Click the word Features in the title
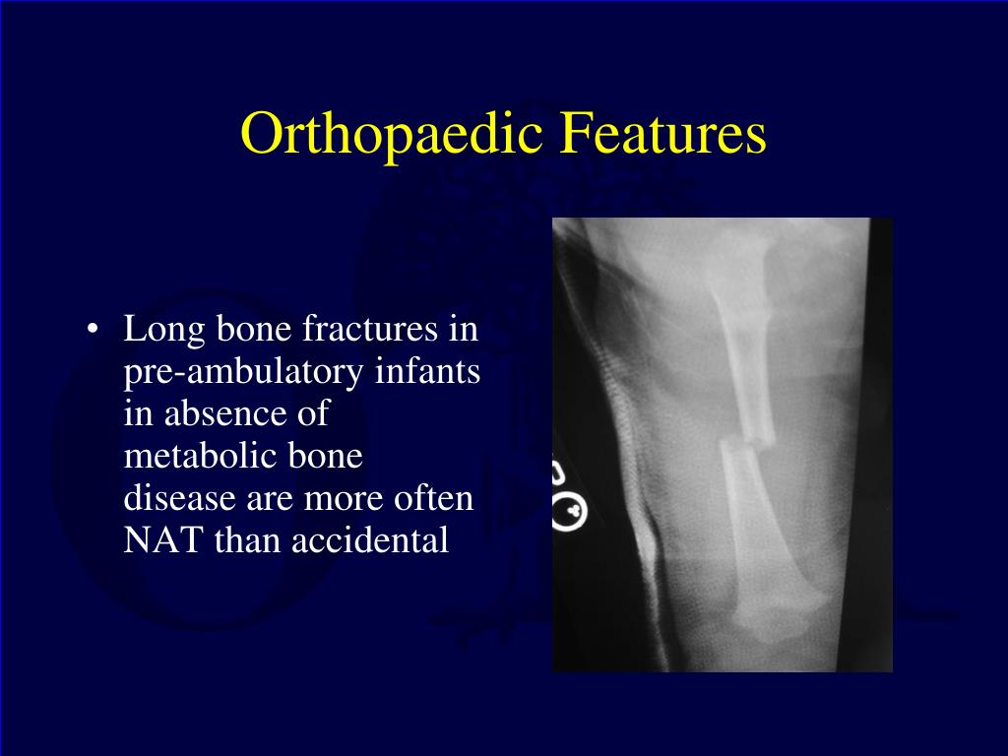(662, 133)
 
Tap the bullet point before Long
(93, 329)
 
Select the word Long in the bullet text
(164, 329)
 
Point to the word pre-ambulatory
(243, 372)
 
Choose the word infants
(427, 370)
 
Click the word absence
(225, 412)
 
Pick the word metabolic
(199, 455)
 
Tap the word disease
(179, 497)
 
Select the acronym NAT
(162, 540)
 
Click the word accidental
(370, 540)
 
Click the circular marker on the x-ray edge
(570, 512)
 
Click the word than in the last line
(246, 540)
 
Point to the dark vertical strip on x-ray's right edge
(864, 445)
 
